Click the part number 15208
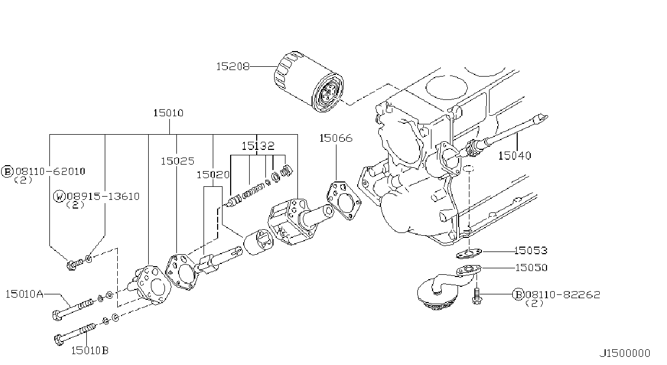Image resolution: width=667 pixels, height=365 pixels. click(233, 66)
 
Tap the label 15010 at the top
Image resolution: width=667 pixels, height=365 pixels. click(168, 113)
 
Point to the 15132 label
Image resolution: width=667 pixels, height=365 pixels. click(258, 146)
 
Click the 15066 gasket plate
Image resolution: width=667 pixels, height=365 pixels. click(344, 200)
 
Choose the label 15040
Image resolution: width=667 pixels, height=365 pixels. click(515, 155)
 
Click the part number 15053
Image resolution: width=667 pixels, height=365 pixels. click(531, 250)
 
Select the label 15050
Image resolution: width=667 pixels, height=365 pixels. click(531, 268)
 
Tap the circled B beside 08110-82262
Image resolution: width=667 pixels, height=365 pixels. click(518, 294)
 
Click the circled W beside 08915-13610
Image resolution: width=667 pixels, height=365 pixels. click(59, 197)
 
